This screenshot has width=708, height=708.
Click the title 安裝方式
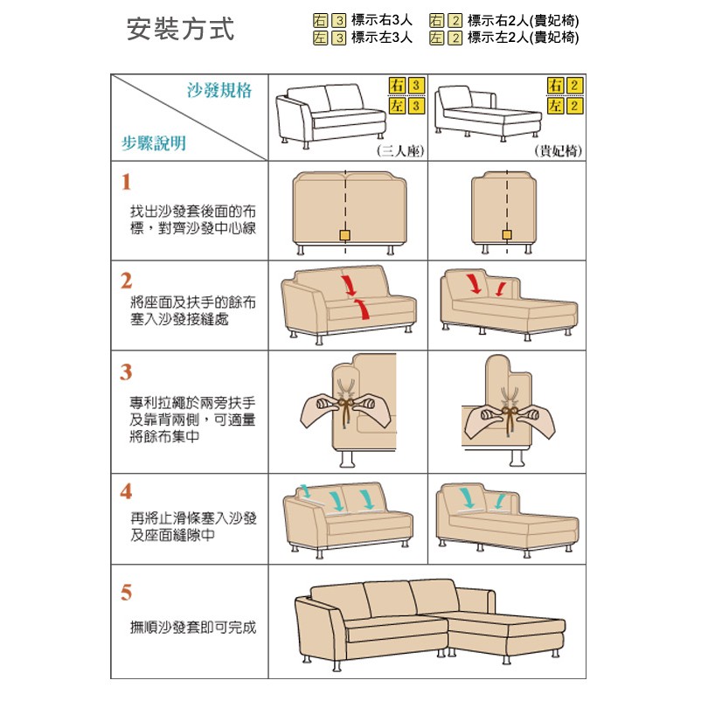point(180,29)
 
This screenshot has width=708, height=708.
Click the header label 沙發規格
point(219,90)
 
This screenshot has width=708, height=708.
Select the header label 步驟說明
point(154,143)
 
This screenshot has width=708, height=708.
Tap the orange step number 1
point(126,182)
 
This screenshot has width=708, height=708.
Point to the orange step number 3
point(126,372)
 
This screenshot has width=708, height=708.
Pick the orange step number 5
point(126,592)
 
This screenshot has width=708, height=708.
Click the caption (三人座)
point(400,150)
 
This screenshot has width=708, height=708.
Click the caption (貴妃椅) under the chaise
point(558,150)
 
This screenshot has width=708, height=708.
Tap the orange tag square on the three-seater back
point(345,235)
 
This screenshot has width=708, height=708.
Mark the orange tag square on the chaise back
point(507,235)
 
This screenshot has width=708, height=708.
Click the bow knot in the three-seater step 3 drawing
point(345,403)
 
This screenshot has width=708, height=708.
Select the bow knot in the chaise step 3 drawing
point(509,413)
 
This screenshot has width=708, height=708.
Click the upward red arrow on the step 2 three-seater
point(362,309)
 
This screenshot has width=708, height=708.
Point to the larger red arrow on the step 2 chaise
point(474,282)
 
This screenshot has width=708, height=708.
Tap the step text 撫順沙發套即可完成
point(193,628)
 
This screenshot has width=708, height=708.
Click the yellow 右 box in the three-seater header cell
point(397,86)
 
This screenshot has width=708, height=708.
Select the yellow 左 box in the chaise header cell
point(555,106)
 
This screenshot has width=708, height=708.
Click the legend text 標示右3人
point(382,20)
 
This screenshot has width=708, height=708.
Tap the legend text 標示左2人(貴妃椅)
point(523,38)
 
